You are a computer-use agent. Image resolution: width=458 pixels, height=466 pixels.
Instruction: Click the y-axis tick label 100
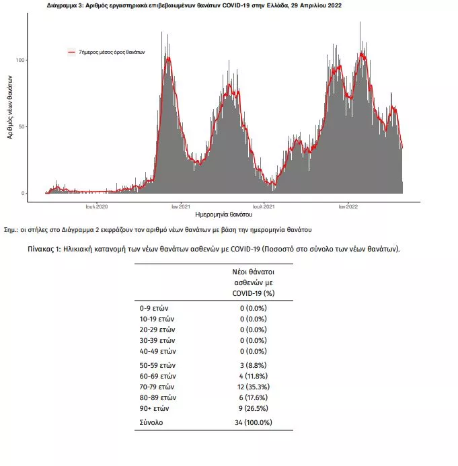[20, 60]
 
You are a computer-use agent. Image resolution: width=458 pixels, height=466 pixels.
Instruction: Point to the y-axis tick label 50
[22, 126]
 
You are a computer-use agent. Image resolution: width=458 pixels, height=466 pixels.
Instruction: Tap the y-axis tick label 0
[23, 193]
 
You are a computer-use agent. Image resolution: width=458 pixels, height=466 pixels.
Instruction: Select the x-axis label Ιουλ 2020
[97, 206]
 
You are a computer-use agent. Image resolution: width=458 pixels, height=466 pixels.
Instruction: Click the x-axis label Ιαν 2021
[181, 206]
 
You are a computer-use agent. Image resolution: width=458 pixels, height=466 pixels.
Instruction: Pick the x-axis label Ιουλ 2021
[264, 206]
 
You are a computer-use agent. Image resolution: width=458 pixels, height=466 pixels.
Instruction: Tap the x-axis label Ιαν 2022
[348, 206]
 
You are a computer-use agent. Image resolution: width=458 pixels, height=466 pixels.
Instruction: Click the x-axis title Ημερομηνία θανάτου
[224, 215]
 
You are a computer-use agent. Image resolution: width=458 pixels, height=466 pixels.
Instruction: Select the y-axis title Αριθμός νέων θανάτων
[10, 107]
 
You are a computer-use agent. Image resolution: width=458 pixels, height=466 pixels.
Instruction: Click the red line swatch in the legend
[72, 52]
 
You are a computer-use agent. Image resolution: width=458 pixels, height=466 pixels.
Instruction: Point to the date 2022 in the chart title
[335, 5]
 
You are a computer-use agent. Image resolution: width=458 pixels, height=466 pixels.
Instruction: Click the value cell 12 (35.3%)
[254, 387]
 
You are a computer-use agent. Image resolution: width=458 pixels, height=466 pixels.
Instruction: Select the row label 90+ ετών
[154, 408]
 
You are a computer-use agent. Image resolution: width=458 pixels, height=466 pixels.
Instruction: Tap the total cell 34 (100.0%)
[254, 422]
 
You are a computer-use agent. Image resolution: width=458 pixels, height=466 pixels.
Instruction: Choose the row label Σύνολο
[151, 422]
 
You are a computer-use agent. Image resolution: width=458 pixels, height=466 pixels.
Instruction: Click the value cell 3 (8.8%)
[254, 365]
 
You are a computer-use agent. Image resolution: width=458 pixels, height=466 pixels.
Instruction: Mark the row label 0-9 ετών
[154, 308]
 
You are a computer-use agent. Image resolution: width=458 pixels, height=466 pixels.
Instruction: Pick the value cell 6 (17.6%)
[254, 397]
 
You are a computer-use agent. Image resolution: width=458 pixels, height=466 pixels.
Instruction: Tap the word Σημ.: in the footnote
[11, 230]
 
